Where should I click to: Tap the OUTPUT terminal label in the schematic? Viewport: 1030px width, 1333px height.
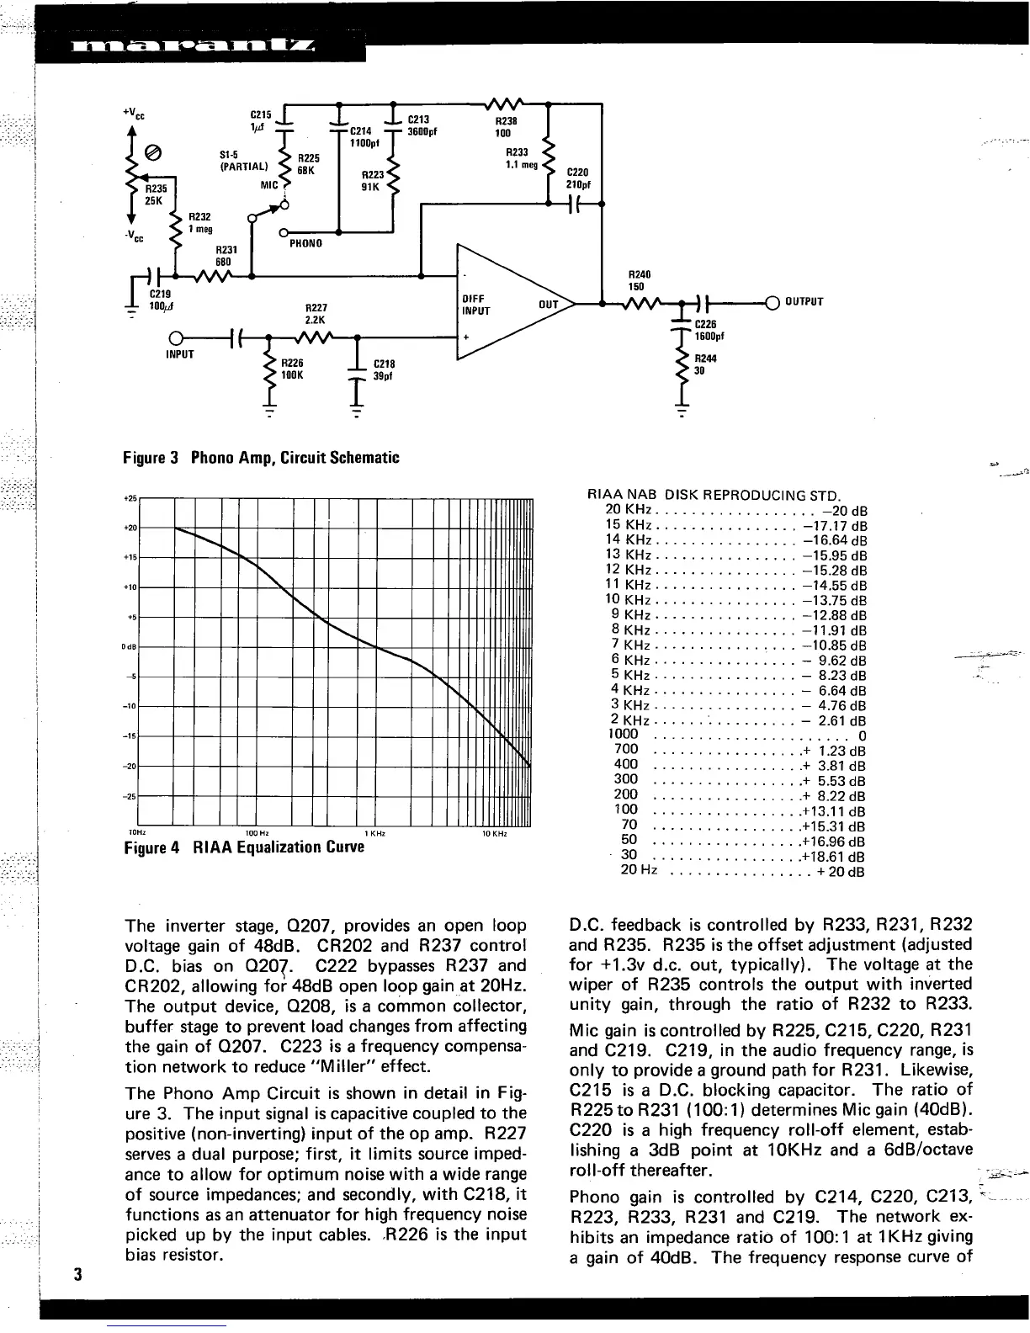click(804, 302)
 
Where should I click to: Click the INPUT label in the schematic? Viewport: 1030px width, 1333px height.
click(180, 354)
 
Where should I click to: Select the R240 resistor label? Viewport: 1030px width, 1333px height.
click(640, 280)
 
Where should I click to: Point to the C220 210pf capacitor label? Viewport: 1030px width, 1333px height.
click(578, 178)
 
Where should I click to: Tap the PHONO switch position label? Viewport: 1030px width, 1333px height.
click(306, 243)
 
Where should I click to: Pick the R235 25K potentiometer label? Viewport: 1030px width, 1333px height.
click(152, 194)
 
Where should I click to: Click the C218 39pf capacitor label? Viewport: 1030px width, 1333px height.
click(384, 370)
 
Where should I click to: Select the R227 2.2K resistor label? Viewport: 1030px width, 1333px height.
click(316, 314)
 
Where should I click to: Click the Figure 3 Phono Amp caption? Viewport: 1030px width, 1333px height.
click(261, 458)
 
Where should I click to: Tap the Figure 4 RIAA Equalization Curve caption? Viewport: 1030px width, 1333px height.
click(244, 847)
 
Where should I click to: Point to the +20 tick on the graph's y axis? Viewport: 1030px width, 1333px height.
click(131, 528)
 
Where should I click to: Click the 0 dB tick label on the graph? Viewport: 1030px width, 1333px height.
click(130, 647)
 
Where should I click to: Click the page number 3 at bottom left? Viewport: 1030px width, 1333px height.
click(76, 1273)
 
